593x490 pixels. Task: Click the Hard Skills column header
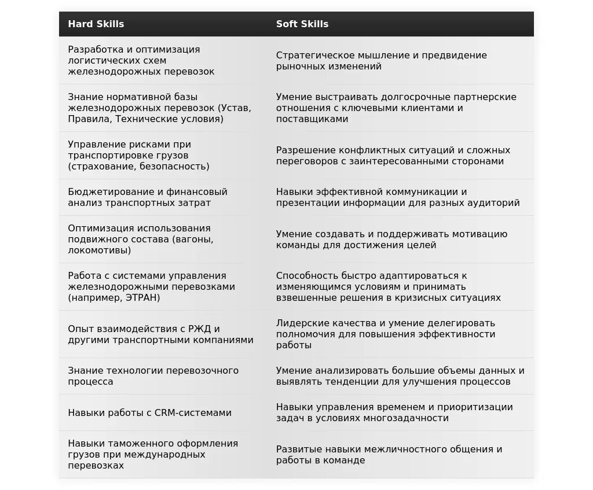pyautogui.click(x=96, y=24)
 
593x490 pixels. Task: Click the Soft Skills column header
pyautogui.click(x=302, y=24)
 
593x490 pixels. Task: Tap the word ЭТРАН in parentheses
pyautogui.click(x=141, y=298)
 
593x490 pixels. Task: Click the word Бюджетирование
pyautogui.click(x=104, y=191)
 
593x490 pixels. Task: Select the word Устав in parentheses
pyautogui.click(x=235, y=108)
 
